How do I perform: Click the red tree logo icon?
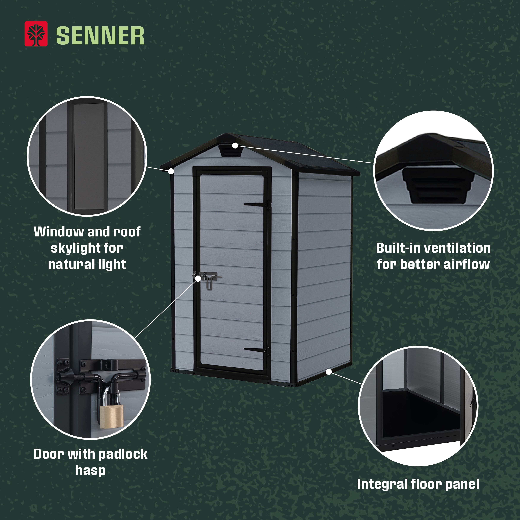[x=36, y=34]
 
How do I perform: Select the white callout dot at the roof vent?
[x=235, y=146]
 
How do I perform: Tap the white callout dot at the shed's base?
[x=329, y=372]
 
